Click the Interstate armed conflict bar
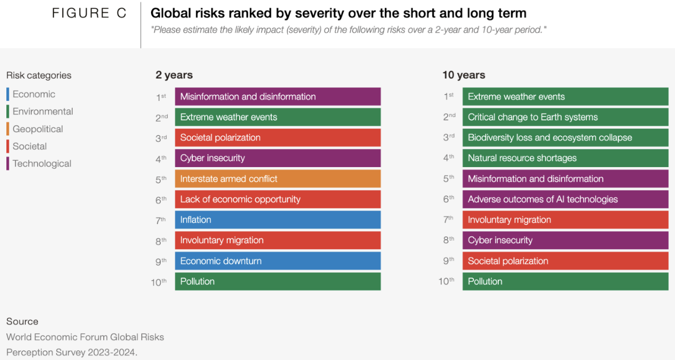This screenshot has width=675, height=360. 278,179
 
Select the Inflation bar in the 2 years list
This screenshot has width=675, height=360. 278,220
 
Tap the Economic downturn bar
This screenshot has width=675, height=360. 278,261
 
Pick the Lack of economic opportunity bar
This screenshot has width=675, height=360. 278,199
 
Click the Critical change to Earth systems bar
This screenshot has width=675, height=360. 565,117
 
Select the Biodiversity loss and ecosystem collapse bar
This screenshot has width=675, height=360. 565,137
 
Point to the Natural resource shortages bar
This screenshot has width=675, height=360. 565,158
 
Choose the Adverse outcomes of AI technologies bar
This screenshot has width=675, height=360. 565,199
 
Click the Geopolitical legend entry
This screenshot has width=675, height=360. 37,129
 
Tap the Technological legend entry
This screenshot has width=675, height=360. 41,164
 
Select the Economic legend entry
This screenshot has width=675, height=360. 34,95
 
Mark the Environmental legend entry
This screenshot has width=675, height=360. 42,112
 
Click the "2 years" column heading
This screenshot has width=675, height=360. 174,75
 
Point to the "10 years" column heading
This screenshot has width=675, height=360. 464,75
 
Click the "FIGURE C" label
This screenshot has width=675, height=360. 89,13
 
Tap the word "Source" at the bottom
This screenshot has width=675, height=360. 22,322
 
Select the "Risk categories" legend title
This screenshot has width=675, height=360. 39,76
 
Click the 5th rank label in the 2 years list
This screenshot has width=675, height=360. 161,179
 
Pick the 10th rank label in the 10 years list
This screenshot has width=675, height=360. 447,282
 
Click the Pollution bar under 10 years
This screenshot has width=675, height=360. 565,281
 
